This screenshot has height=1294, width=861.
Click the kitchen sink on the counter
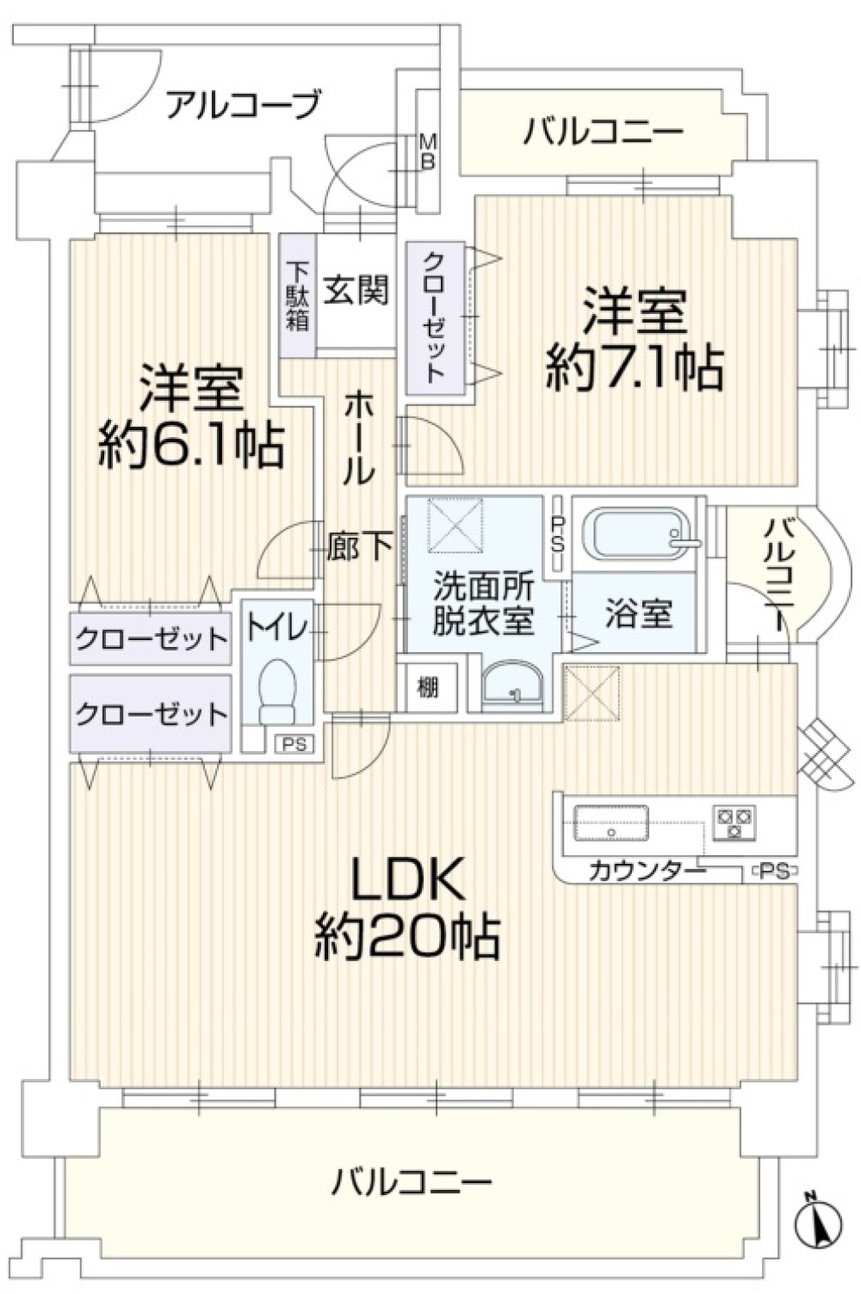point(611,821)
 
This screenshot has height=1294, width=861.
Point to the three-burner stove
point(733,822)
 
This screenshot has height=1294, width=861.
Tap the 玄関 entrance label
point(356,291)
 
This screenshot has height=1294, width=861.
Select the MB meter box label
point(427,151)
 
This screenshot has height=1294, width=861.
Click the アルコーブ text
point(244,105)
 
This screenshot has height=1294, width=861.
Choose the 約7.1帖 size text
point(635,368)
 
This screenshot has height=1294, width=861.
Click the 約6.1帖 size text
point(190,446)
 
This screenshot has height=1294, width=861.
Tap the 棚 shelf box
point(428,687)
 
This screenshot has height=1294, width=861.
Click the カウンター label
point(647,872)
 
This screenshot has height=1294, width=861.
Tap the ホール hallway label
point(359,437)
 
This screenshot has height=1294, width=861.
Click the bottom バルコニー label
point(412,1181)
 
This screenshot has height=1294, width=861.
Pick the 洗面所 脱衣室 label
point(483,604)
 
